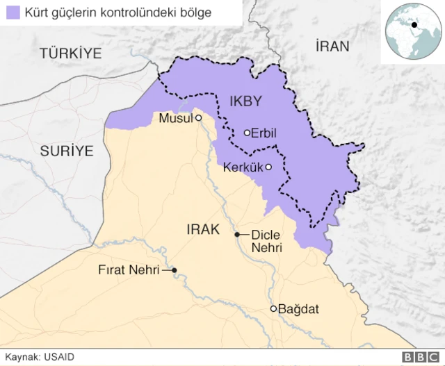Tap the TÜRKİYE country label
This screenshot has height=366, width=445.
click(70, 53)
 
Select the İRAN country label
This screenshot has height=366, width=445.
click(332, 47)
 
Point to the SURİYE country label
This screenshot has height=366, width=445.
click(66, 150)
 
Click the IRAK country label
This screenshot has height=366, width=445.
click(203, 228)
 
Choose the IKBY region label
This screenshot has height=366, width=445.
click(245, 101)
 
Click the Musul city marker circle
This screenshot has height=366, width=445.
click(198, 118)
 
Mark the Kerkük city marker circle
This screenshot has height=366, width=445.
click(268, 167)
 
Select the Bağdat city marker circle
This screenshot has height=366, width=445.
click(274, 308)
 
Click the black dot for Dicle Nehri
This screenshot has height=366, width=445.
click(237, 235)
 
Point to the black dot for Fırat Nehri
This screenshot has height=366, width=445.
click(175, 270)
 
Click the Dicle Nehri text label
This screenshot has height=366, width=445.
click(266, 241)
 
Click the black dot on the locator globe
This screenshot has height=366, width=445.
click(414, 26)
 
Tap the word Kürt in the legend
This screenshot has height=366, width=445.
click(36, 13)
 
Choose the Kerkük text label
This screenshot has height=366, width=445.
click(243, 167)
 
